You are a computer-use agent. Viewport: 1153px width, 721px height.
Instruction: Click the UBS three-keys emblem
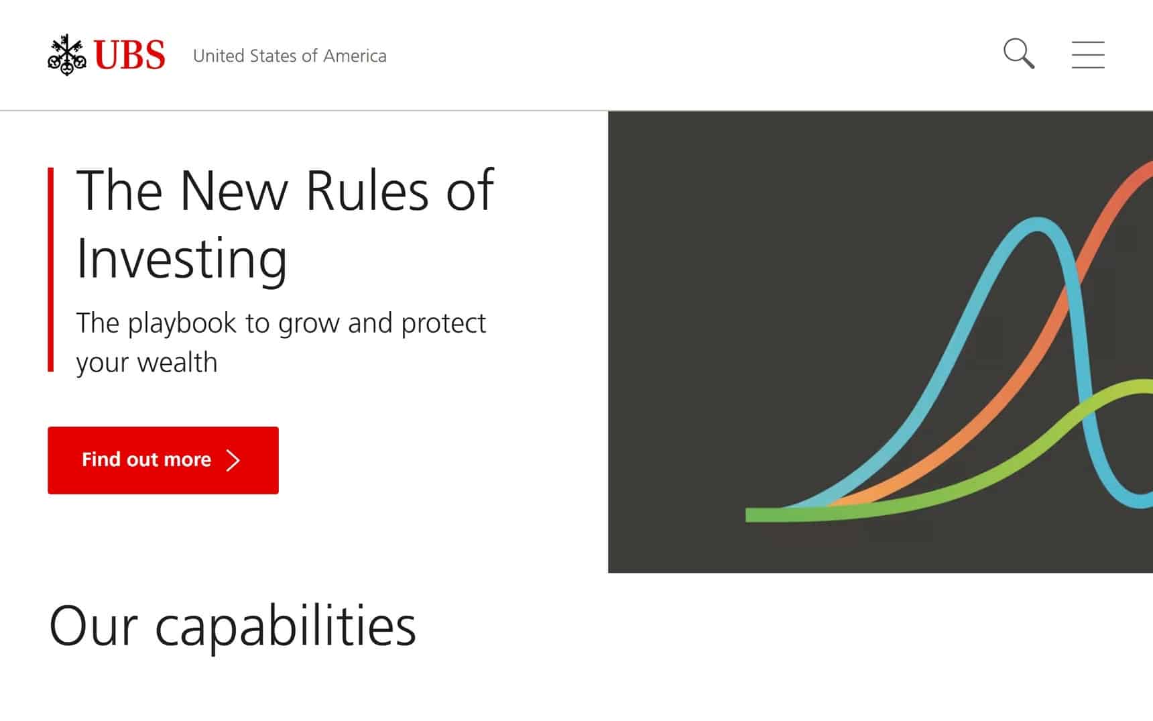67,54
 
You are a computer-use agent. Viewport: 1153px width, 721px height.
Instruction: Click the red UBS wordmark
129,55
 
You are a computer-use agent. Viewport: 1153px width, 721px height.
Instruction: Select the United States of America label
290,56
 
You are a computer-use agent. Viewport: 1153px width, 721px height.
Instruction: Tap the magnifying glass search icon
1019,54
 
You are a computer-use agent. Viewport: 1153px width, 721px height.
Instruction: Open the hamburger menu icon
1088,54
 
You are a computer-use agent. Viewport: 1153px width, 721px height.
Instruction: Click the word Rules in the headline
367,191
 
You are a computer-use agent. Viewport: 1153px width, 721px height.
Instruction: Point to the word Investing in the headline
182,259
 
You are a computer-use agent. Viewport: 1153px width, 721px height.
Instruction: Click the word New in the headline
234,191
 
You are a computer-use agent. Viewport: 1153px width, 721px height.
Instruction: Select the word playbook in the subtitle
182,324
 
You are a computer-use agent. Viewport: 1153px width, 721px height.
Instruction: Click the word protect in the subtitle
443,324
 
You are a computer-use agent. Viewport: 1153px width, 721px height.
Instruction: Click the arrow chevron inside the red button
233,460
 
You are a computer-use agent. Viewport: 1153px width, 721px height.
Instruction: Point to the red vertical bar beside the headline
51,269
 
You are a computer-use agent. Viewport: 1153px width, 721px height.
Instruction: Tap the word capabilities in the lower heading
286,626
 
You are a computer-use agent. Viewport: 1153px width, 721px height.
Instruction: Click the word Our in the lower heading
93,626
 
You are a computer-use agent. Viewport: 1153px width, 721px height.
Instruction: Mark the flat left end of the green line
747,515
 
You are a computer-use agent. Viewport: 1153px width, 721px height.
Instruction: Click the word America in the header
355,56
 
